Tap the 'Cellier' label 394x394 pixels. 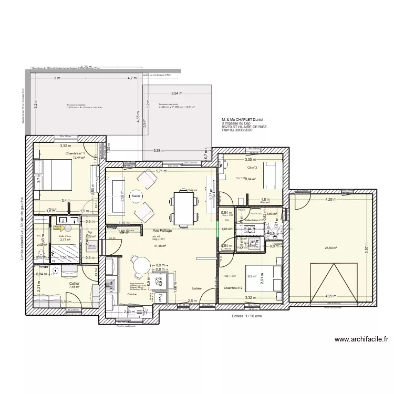74,283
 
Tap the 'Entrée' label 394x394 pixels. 196,288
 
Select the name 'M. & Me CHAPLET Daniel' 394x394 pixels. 244,119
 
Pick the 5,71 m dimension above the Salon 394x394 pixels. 161,171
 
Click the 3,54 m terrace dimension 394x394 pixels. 176,93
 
